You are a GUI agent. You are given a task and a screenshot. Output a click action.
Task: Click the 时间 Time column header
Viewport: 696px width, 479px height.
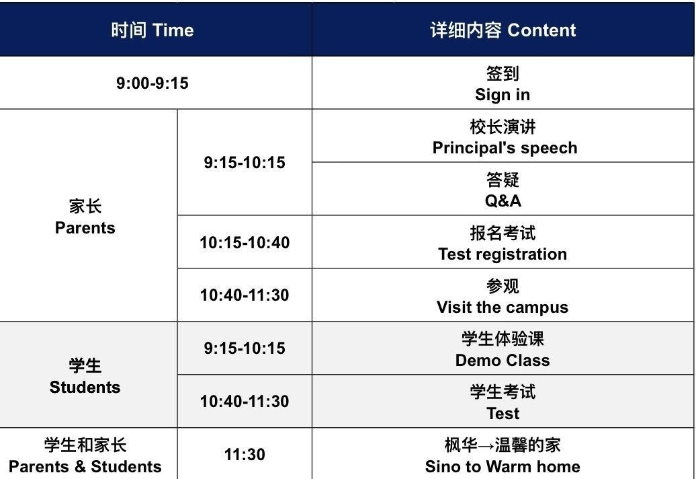click(153, 30)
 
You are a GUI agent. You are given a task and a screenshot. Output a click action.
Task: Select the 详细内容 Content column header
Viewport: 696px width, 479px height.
click(503, 30)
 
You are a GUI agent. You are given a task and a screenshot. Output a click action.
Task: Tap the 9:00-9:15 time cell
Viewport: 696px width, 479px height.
click(153, 83)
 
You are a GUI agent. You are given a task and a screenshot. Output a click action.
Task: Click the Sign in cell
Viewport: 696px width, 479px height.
click(503, 84)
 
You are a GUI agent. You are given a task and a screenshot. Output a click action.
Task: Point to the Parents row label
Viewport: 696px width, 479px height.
click(85, 217)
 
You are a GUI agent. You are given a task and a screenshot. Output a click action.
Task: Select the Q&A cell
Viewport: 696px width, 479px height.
click(503, 190)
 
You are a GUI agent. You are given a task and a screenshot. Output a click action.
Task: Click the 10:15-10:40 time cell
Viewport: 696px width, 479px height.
click(245, 242)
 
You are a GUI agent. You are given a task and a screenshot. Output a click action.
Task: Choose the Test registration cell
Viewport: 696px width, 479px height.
click(503, 244)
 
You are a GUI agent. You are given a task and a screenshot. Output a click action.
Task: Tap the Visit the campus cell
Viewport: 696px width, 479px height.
click(503, 297)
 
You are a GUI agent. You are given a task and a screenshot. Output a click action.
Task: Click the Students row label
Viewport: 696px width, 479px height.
click(85, 376)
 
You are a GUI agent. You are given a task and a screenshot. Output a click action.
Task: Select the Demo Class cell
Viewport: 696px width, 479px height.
click(503, 349)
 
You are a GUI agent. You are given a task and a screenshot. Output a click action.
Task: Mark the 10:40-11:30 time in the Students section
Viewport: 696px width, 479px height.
click(245, 402)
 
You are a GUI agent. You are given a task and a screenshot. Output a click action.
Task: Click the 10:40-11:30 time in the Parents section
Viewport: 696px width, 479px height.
click(245, 295)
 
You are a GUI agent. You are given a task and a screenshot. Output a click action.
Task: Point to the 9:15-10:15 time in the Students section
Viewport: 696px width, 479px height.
click(245, 348)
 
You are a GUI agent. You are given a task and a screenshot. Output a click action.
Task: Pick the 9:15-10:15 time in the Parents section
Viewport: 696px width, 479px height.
click(245, 163)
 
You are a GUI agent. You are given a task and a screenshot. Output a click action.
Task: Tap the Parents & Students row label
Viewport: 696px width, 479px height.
click(85, 455)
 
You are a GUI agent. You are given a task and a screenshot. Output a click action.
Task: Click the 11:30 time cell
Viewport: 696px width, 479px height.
click(245, 455)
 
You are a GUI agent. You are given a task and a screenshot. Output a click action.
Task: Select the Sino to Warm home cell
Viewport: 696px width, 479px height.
click(503, 455)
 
